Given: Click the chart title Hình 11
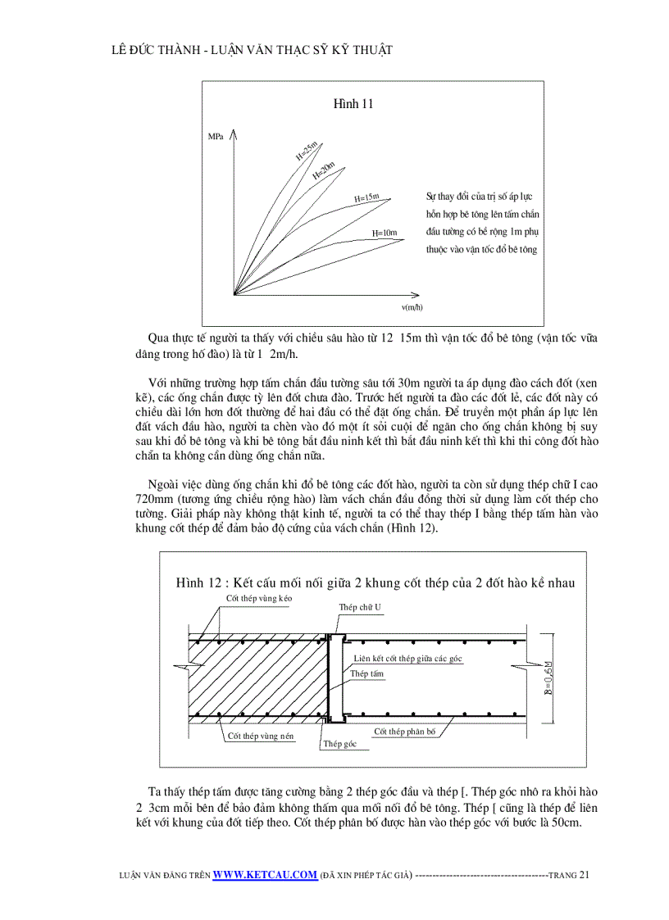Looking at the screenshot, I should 353,104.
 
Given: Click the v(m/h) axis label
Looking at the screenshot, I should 412,307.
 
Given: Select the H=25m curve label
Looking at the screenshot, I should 307,151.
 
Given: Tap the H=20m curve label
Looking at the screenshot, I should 324,170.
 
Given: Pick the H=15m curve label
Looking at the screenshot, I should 366,198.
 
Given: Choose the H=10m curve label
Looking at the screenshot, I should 385,233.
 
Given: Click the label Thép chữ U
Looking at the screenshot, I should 360,607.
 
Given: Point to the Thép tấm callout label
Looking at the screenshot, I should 366,673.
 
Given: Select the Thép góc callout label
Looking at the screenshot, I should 337,744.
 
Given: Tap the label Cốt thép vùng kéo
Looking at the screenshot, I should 259,599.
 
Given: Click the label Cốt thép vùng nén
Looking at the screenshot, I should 260,736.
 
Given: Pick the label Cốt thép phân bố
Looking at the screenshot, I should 404,731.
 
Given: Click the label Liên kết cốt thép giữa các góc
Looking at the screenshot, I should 408,658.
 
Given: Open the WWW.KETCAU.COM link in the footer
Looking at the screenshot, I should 265,875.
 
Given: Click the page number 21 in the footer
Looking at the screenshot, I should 584,875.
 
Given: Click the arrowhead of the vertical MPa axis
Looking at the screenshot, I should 235,132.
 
